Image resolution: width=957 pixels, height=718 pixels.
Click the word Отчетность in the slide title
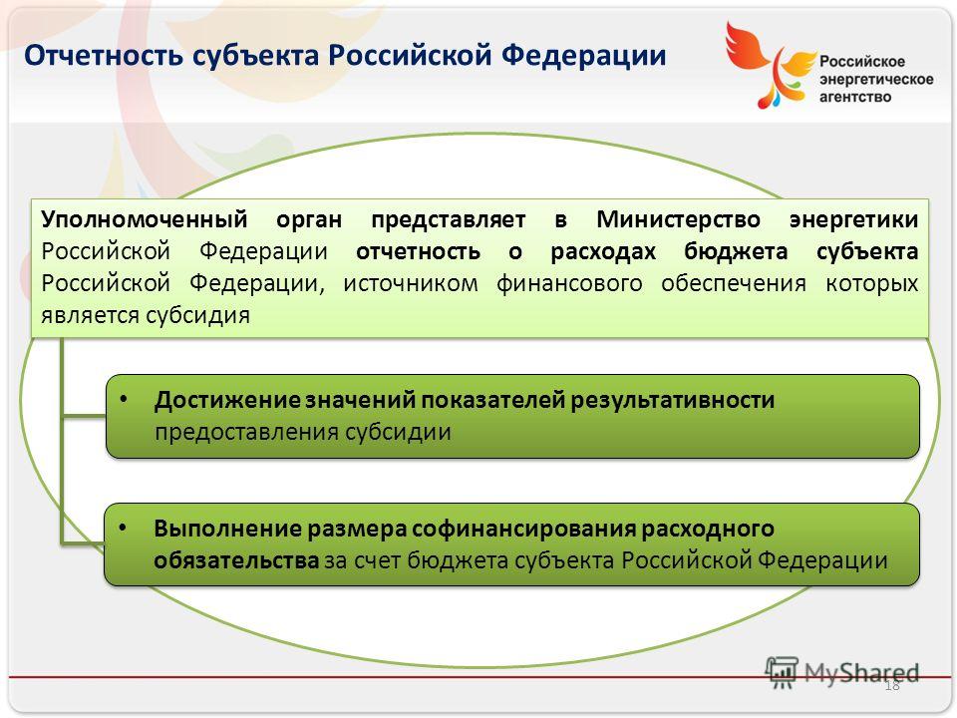[104, 55]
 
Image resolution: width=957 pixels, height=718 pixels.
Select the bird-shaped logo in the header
[771, 65]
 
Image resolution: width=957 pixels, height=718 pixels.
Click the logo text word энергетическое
[876, 80]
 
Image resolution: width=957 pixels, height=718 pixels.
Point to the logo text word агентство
[855, 97]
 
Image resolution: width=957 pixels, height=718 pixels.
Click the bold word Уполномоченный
[145, 219]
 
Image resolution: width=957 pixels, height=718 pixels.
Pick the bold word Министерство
[678, 219]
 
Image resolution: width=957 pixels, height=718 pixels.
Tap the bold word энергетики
[854, 220]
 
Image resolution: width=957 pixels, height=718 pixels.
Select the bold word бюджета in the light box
[736, 252]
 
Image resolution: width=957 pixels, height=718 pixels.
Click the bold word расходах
[603, 252]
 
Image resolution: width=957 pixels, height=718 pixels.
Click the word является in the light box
[91, 316]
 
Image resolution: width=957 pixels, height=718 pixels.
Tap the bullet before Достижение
[124, 400]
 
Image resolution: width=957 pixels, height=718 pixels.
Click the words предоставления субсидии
[303, 432]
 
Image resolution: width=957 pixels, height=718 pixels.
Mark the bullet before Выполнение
[123, 529]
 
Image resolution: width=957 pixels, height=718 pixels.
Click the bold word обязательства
[236, 560]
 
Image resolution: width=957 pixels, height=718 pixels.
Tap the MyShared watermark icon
[782, 672]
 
